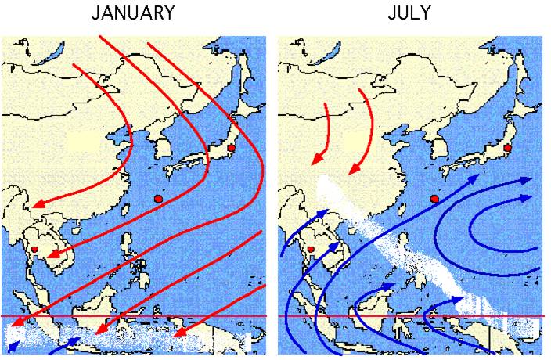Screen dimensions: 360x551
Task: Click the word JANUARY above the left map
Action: pyautogui.click(x=132, y=13)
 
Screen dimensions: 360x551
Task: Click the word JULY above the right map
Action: pyautogui.click(x=409, y=13)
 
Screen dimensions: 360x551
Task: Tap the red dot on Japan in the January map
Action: pyautogui.click(x=231, y=148)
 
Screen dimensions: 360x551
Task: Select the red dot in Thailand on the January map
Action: pyautogui.click(x=34, y=250)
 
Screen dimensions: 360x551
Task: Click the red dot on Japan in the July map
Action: pyautogui.click(x=507, y=147)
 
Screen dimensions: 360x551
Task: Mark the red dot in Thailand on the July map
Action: pyautogui.click(x=311, y=250)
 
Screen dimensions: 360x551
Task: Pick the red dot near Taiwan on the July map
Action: pyautogui.click(x=435, y=199)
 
